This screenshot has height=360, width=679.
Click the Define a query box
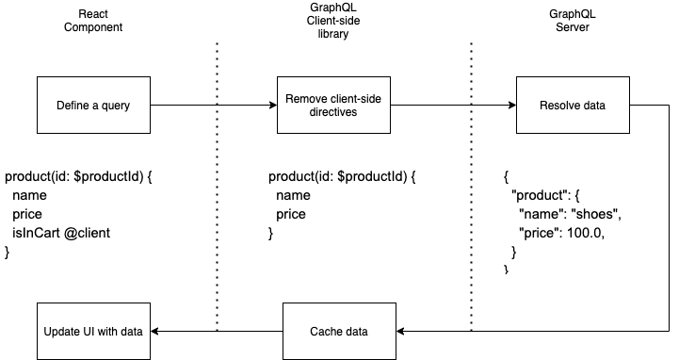93,106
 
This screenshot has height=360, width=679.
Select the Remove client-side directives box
333,106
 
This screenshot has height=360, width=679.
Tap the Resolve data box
573,106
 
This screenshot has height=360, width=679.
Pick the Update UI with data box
93,332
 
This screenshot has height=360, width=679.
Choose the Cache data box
339,332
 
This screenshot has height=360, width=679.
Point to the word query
116,106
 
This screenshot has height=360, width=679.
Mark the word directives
333,112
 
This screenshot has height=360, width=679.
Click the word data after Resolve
593,106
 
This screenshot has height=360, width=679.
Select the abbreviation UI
87,332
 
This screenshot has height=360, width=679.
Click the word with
106,332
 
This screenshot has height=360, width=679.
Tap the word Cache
325,332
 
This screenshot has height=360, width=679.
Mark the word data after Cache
356,332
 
